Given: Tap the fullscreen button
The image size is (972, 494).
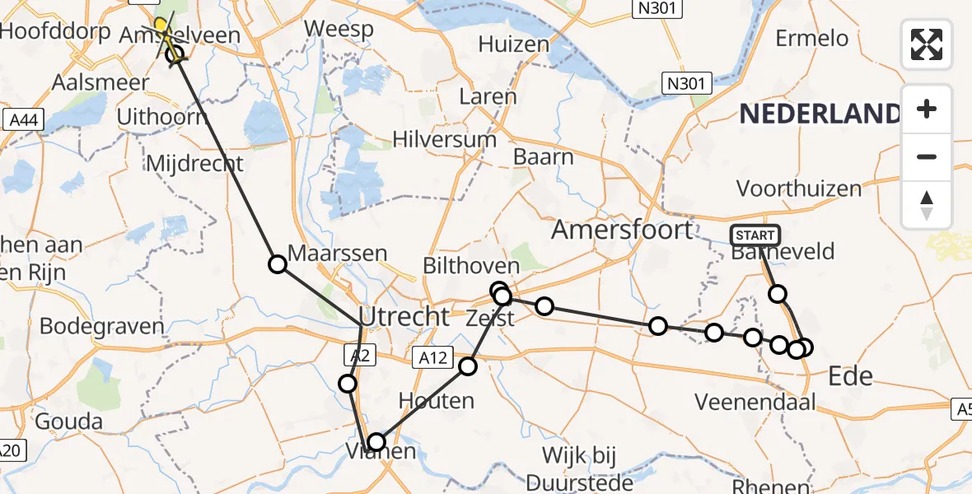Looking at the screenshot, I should coord(927,44).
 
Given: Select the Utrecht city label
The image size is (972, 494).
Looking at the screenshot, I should coord(404,316).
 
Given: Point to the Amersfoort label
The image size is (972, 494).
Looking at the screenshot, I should coord(622,229).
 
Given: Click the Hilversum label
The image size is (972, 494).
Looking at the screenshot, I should coord(444,139).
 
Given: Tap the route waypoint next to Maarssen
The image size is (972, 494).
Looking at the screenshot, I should coord(278,263).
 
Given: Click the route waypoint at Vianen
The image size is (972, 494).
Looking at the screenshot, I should coord(376,442).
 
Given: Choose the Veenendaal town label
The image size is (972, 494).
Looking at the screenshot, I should coord(755,403).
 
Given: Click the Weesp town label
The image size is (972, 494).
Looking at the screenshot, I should coord(339,30).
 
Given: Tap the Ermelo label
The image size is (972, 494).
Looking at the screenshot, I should coord(811,39).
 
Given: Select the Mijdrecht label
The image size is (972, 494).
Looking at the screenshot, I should coord(194,162).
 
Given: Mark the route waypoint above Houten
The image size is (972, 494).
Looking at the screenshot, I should coord(468,366).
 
